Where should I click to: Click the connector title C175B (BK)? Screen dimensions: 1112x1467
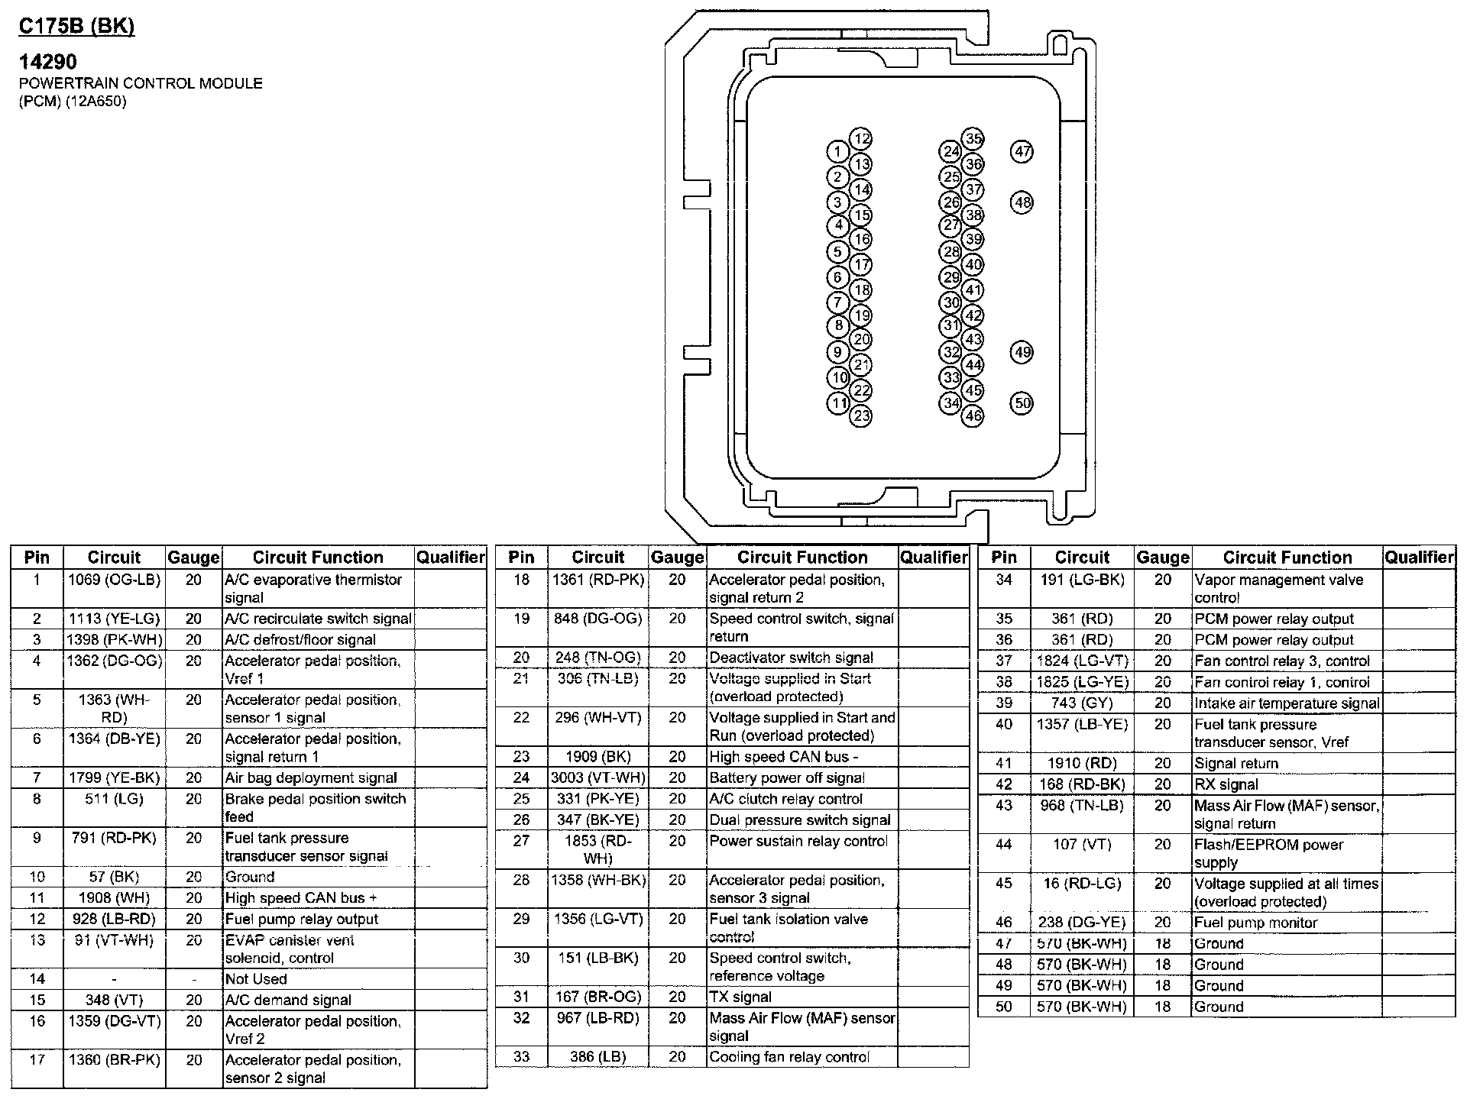pos(76,27)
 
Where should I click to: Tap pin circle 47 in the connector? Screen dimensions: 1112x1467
pos(1022,151)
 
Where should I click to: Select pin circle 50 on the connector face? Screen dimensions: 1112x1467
pos(1022,403)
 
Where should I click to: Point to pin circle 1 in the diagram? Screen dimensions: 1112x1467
pos(838,151)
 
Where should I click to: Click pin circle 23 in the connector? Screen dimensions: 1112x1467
pos(861,416)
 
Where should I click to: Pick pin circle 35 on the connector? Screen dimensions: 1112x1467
pos(973,139)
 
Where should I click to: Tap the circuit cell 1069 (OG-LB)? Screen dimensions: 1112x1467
pos(114,580)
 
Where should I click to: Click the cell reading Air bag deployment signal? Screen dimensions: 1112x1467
pos(311,778)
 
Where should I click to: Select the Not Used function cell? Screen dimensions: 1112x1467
pos(256,979)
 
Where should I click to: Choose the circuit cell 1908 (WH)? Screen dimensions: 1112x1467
pos(114,898)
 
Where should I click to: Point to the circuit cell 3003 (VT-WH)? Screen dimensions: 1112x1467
pos(598,778)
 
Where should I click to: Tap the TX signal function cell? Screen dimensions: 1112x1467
pos(740,997)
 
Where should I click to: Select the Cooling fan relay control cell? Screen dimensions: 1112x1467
pos(789,1057)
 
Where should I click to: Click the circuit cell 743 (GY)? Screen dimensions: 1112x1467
pos(1082,703)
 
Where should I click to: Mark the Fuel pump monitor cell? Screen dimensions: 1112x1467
pos(1255,923)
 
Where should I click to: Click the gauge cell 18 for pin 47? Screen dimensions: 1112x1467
pos(1162,944)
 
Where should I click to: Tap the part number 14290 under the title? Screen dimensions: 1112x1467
pos(48,61)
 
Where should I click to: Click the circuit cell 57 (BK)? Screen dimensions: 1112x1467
pos(114,877)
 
